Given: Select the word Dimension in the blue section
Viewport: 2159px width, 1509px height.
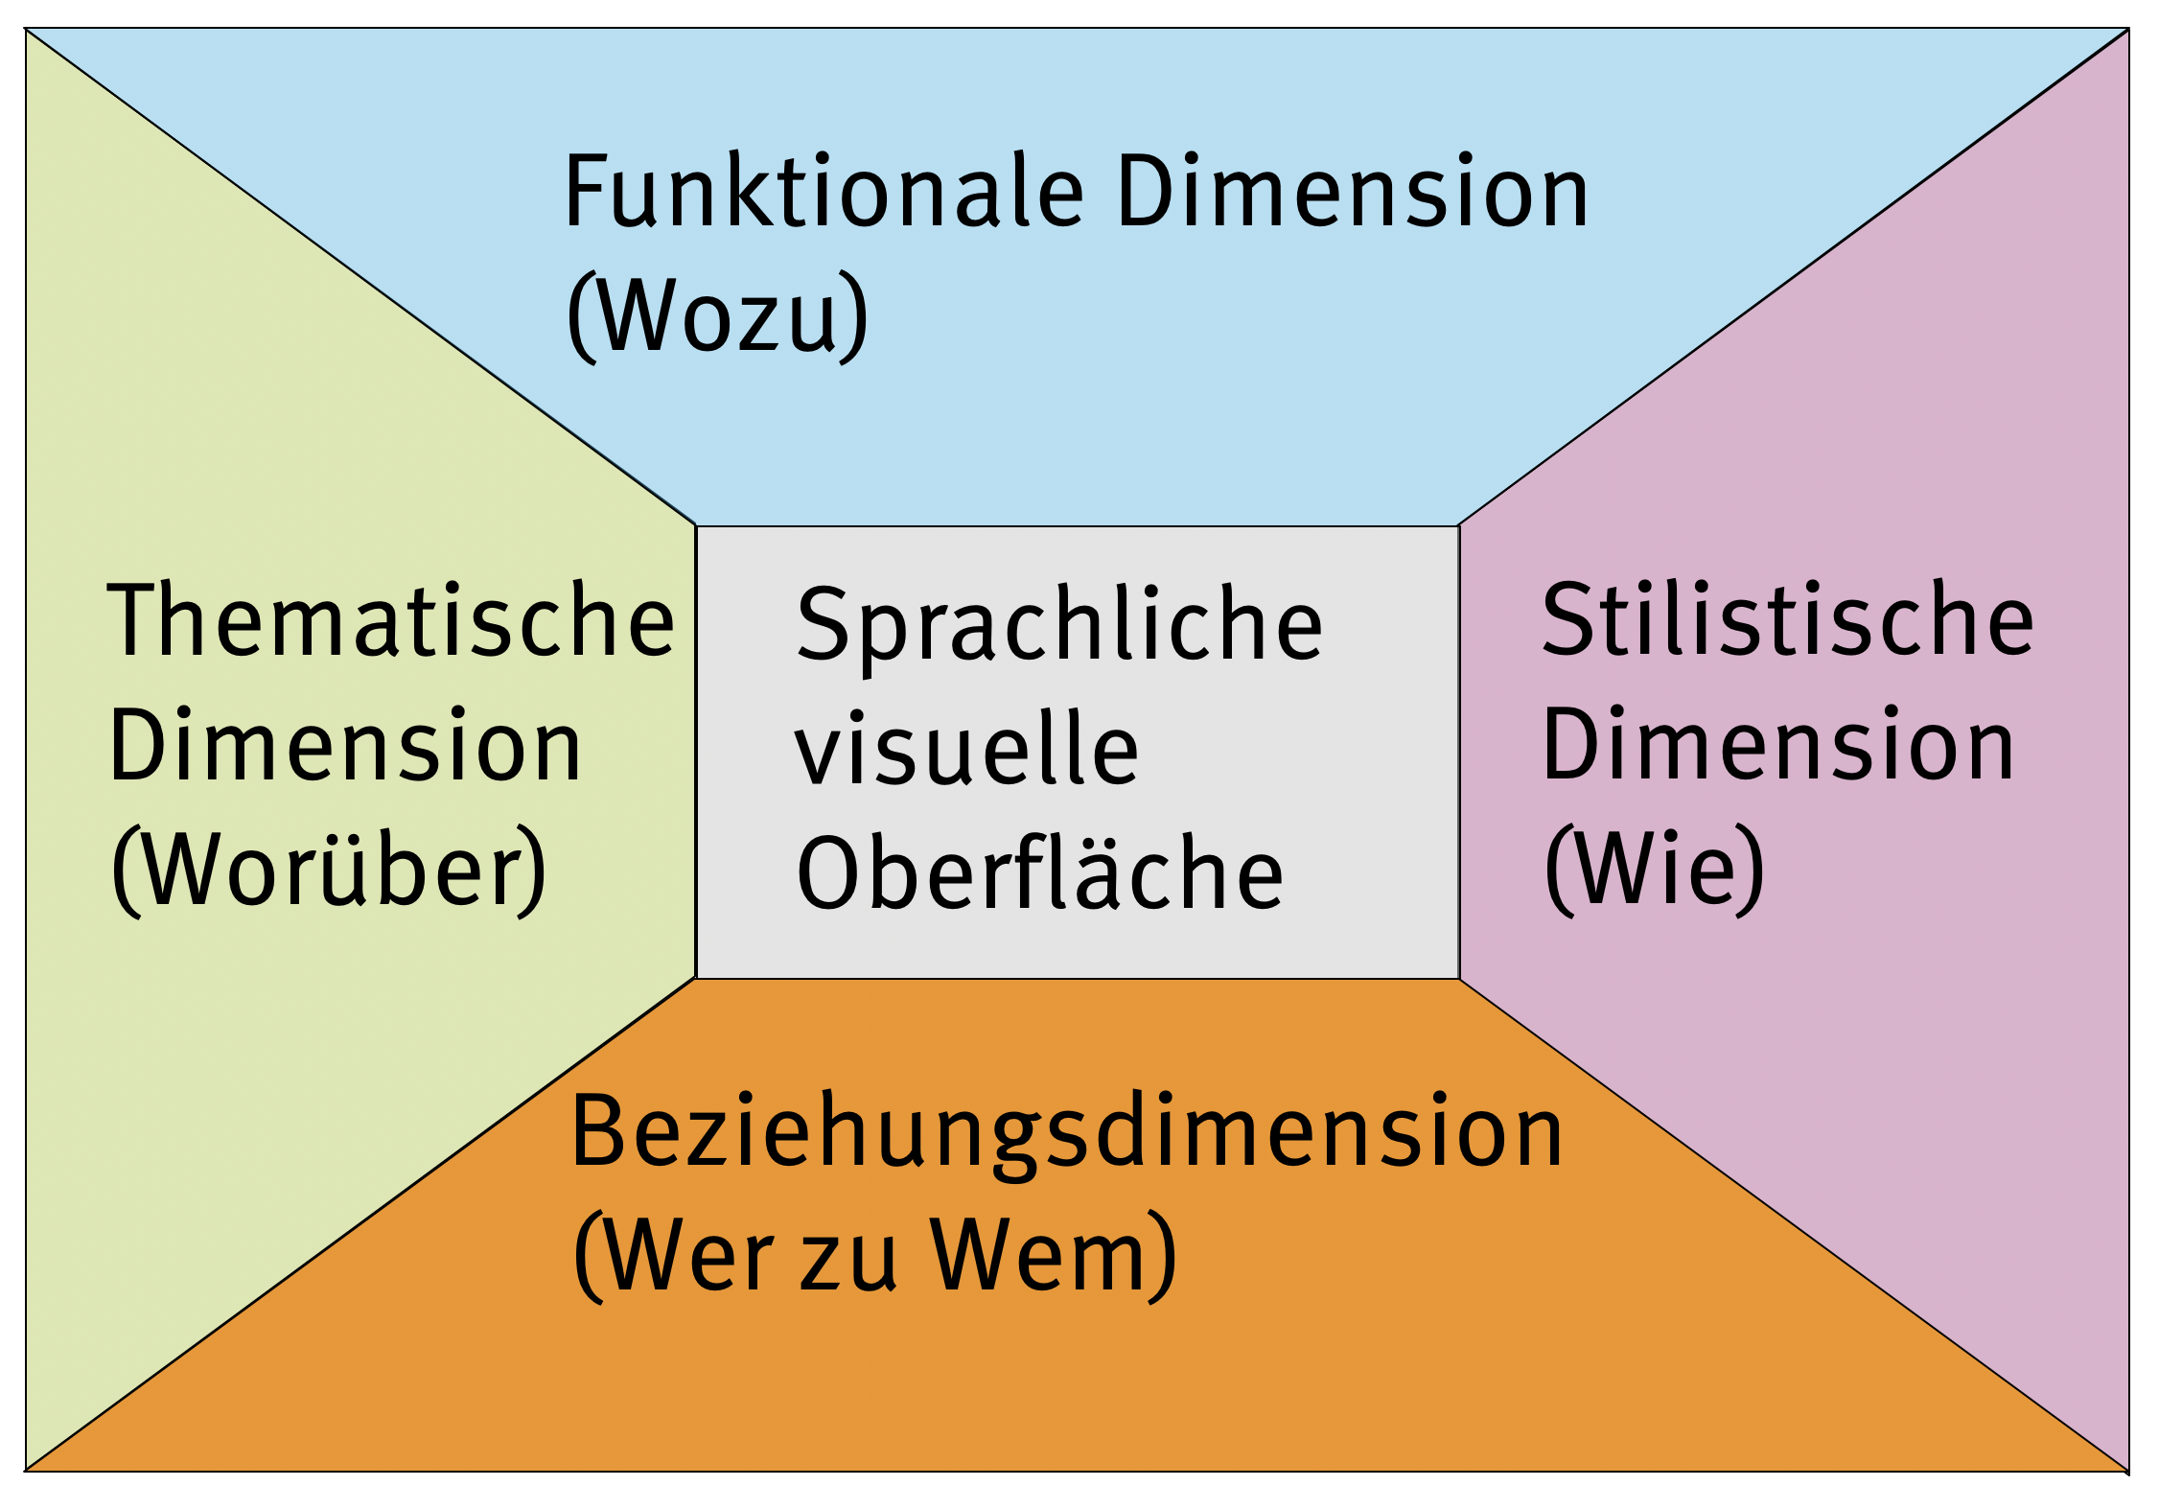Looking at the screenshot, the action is coord(1353,192).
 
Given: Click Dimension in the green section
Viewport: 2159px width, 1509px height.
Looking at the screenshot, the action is coord(346,745).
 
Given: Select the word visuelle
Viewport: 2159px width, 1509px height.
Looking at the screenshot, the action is coord(967,749).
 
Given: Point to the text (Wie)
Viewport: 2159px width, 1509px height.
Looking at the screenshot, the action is coord(1655,869).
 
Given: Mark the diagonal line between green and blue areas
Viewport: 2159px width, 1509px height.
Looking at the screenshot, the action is coord(360,277).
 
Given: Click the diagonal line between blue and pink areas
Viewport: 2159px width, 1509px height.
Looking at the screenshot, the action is coord(1794,277).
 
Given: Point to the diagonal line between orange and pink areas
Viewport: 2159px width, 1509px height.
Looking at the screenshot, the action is coord(1794,1224).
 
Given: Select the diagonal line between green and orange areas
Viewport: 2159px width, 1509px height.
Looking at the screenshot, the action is coord(360,1224).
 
